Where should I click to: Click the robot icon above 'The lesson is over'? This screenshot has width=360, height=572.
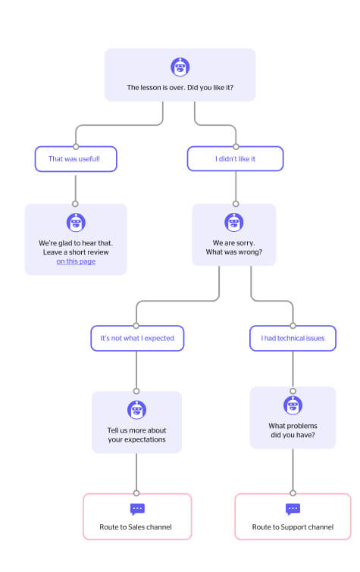(180, 67)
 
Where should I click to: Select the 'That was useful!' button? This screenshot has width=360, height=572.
(76, 159)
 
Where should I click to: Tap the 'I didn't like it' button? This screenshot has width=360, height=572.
(235, 158)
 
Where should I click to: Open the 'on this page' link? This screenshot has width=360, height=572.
(76, 261)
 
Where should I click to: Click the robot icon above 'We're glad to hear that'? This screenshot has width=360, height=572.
(76, 223)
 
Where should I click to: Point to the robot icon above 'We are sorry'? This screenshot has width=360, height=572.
(233, 222)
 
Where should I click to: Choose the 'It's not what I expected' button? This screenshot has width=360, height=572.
(137, 338)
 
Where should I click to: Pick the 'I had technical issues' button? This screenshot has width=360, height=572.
(293, 338)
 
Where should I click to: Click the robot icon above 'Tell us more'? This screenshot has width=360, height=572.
(136, 410)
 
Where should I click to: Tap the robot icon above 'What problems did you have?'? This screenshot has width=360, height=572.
(293, 405)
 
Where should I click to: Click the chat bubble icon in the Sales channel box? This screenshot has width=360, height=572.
(137, 509)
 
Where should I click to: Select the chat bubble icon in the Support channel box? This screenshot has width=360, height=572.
(293, 509)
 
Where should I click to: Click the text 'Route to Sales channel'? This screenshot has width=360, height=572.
(136, 527)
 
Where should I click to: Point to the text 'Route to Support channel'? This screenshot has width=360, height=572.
(293, 527)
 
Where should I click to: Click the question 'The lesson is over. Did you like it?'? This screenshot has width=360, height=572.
(180, 88)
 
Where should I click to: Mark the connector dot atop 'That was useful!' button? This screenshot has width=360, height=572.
(76, 147)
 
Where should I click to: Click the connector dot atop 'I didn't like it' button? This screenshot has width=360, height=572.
(236, 147)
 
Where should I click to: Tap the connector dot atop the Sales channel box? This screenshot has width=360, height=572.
(136, 493)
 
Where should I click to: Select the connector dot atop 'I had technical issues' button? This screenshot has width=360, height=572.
(293, 326)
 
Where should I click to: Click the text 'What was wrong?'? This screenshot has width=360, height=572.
(234, 252)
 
